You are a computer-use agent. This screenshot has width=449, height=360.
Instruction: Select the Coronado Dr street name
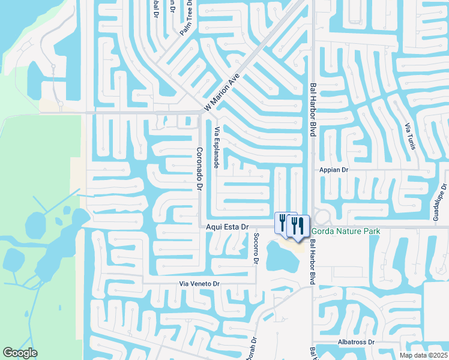click(200, 170)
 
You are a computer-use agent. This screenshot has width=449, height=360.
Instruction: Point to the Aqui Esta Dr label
click(227, 227)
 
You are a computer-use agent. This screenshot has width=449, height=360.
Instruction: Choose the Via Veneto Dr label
click(200, 283)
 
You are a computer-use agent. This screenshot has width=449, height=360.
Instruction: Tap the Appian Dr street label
click(334, 170)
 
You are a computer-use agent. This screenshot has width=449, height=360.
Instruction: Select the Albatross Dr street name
click(355, 342)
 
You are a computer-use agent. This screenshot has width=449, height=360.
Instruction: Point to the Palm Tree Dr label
click(189, 18)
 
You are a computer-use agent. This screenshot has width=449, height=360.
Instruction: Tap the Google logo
click(20, 353)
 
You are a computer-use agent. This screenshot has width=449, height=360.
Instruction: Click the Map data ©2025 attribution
click(423, 355)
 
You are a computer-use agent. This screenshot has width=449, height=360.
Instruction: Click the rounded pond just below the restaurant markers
click(282, 258)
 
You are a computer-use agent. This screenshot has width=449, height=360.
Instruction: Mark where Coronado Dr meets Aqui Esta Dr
click(200, 227)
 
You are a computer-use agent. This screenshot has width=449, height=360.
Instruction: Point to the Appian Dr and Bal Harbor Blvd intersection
click(312, 170)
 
